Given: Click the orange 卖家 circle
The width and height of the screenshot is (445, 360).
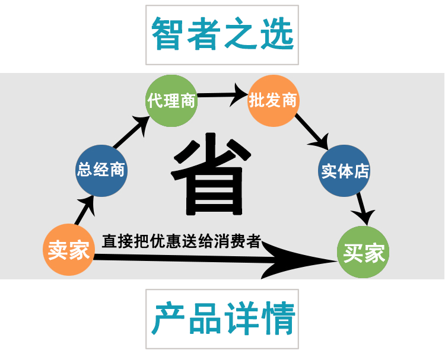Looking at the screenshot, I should (x=69, y=250).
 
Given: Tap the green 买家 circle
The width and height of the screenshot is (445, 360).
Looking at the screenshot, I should (x=364, y=253).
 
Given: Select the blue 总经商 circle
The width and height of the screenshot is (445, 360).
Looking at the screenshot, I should (x=101, y=170).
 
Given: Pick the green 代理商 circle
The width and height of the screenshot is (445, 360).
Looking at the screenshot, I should (x=171, y=100).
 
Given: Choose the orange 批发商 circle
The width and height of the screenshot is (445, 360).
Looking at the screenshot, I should (x=273, y=100).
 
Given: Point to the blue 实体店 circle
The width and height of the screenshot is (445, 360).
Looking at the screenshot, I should (x=345, y=172).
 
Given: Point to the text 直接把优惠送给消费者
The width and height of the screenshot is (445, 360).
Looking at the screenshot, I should (x=181, y=241).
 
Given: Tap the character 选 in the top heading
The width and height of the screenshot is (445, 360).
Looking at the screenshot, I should (x=276, y=33).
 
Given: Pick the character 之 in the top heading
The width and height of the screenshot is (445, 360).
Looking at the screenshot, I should (x=241, y=33).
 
